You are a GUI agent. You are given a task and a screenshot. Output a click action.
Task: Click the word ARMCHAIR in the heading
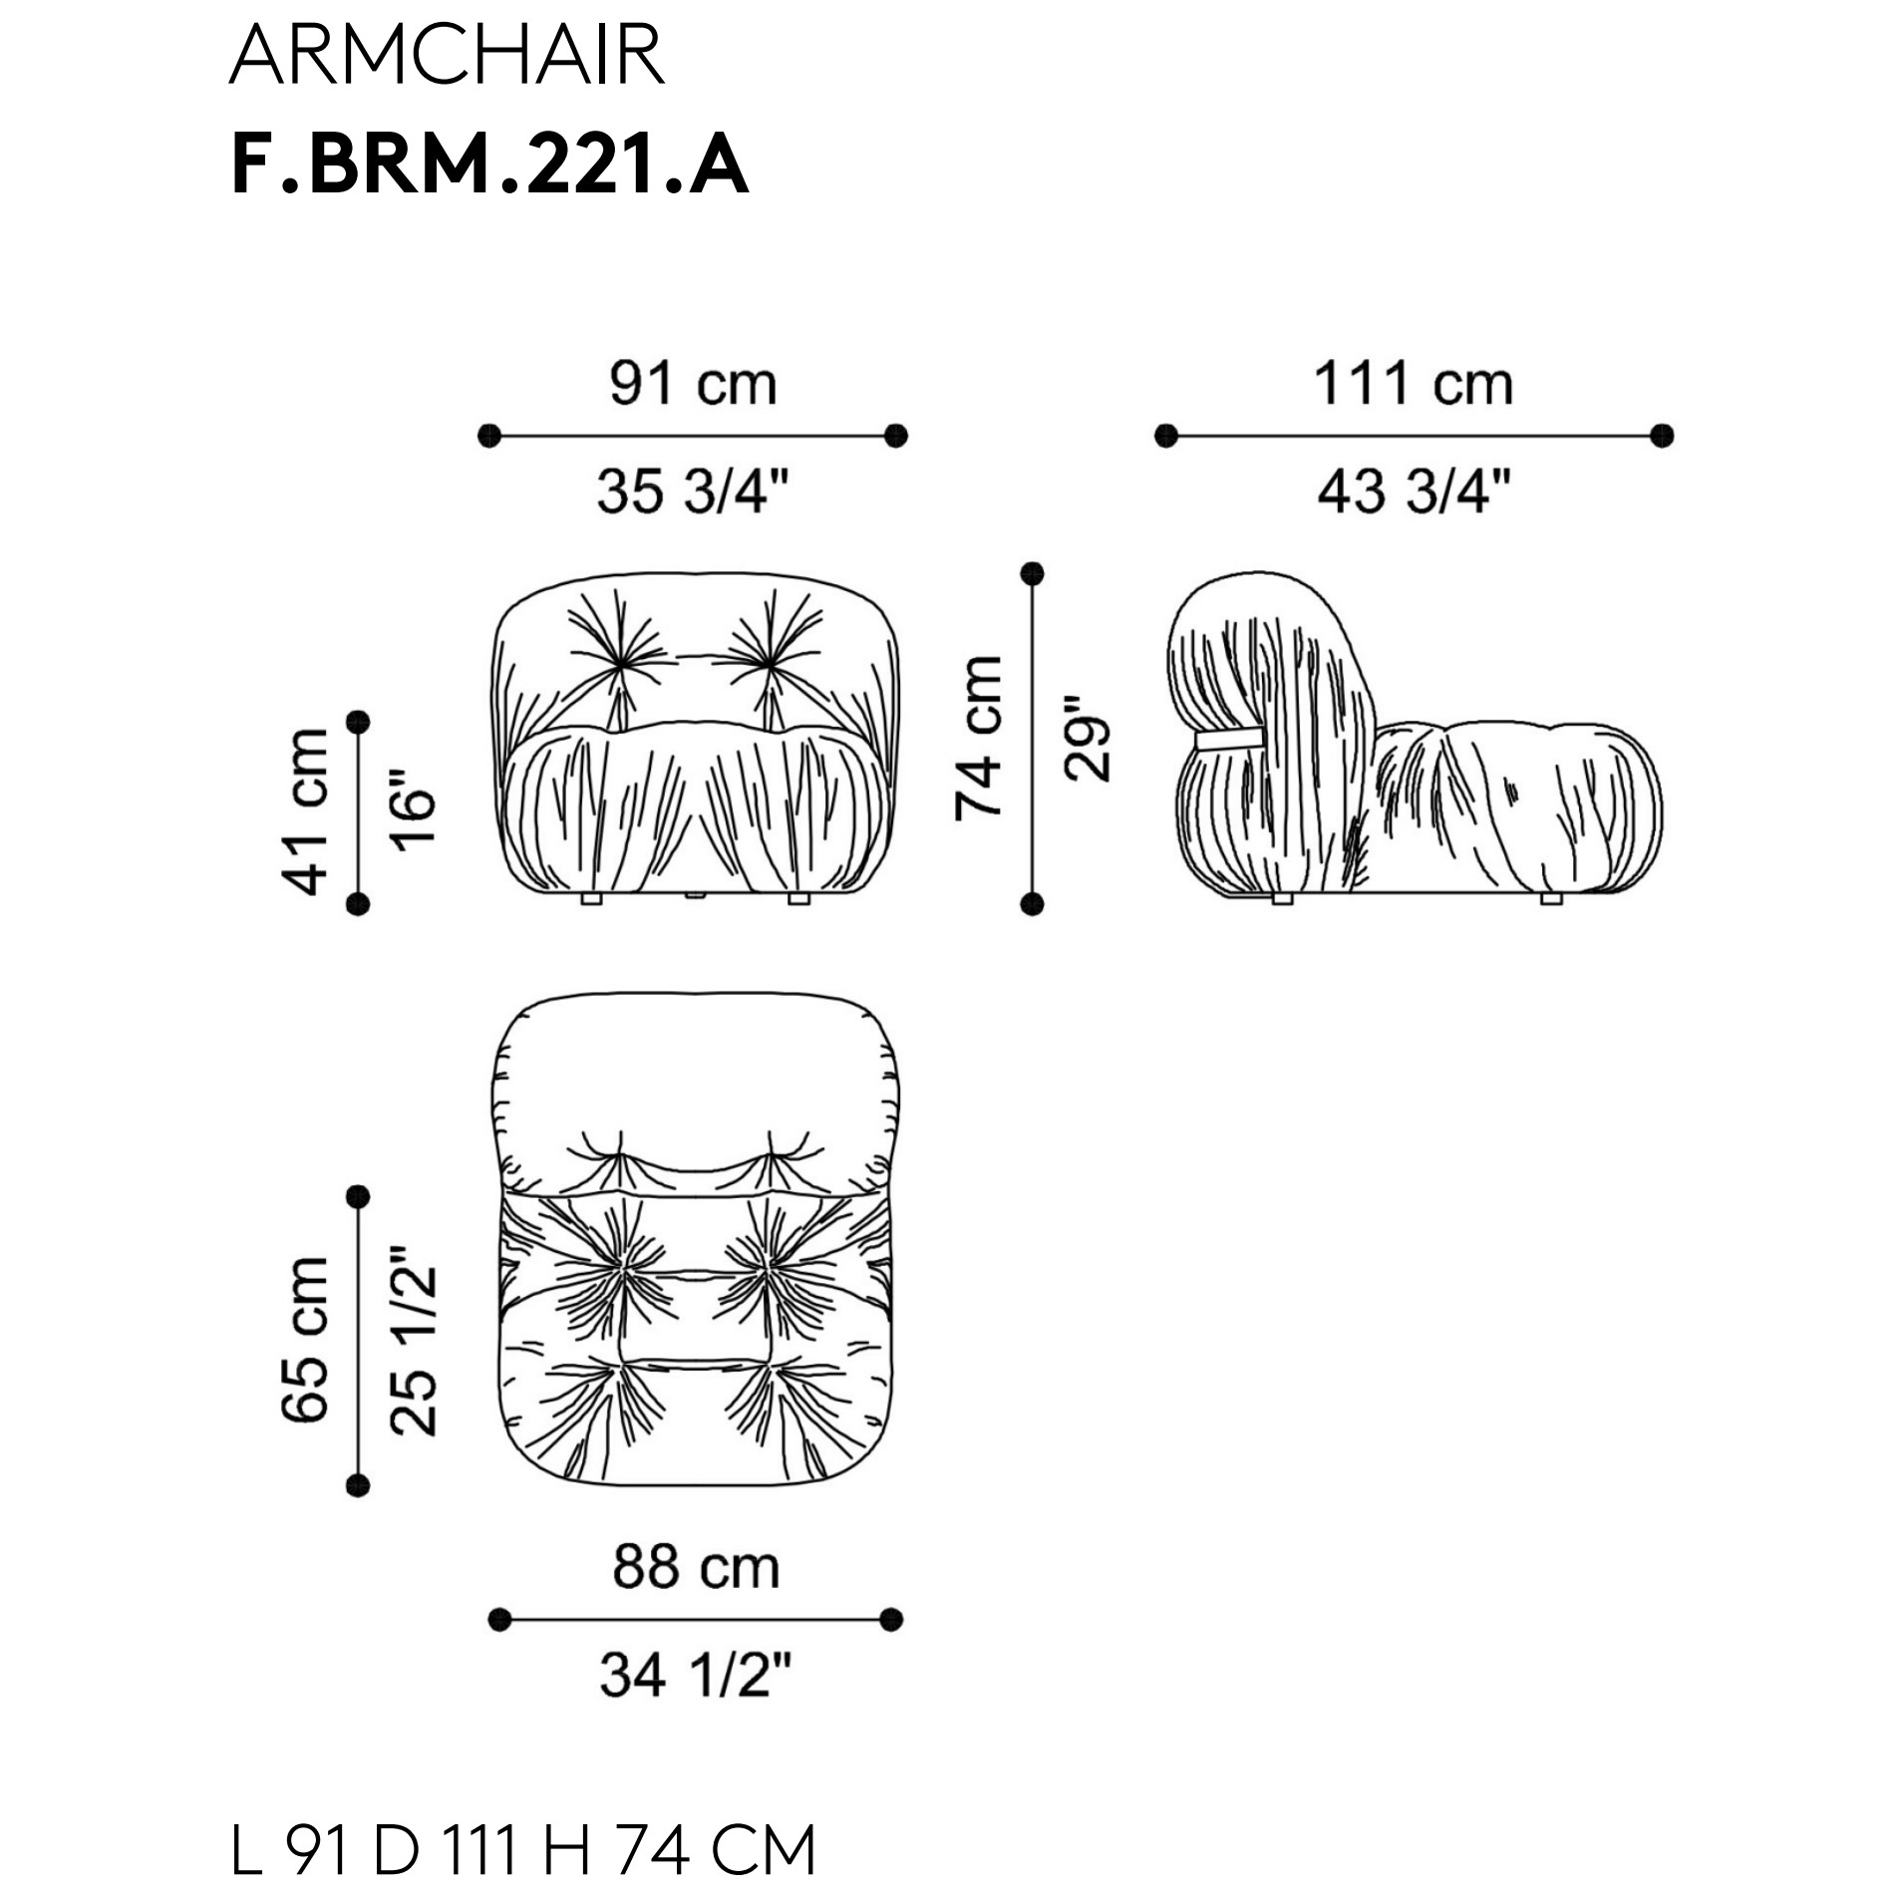[x=448, y=56]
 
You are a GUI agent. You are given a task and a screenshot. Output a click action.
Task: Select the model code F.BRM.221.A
[x=489, y=166]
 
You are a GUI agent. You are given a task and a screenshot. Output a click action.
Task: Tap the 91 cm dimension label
[x=694, y=384]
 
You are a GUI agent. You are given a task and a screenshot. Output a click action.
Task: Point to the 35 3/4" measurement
[x=694, y=491]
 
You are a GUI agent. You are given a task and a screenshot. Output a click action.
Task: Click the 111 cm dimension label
[x=1414, y=384]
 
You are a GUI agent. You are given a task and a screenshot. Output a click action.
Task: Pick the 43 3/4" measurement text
[x=1415, y=491]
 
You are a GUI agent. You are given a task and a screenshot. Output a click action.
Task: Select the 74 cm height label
[x=978, y=739]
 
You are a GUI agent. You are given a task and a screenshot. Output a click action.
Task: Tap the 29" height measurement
[x=1086, y=739]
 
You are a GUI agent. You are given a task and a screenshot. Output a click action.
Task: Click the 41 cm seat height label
[x=305, y=811]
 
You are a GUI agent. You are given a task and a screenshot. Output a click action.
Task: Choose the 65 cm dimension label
[x=305, y=1341]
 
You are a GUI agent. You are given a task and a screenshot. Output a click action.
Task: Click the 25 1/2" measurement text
[x=413, y=1341]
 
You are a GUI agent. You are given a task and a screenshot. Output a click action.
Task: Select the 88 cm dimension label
[x=696, y=1567]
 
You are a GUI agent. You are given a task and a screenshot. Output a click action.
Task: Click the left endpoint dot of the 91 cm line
[x=489, y=436]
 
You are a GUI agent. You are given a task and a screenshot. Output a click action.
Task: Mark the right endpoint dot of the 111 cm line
[x=1662, y=436]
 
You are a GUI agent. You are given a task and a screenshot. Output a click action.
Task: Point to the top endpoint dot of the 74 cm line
[x=1033, y=573]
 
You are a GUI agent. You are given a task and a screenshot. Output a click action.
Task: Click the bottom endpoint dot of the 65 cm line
[x=358, y=1485]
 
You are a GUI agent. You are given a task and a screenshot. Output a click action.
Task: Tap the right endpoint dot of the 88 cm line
[x=892, y=1620]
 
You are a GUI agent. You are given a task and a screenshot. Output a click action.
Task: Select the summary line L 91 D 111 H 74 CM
[x=523, y=1850]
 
